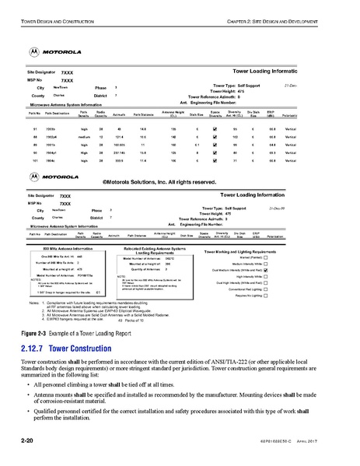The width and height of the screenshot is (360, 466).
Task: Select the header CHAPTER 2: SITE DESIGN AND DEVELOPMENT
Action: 287,9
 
